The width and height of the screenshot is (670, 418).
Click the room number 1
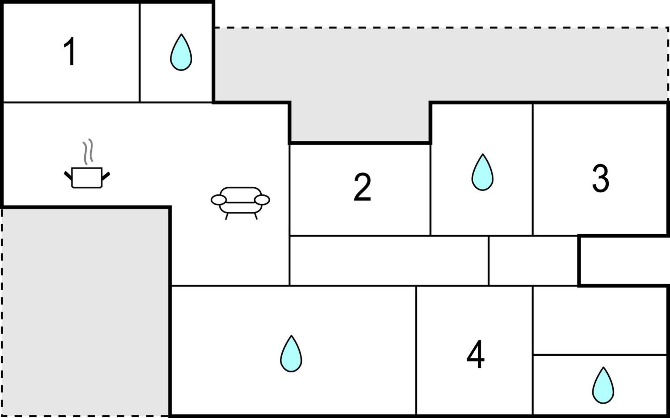point(70,52)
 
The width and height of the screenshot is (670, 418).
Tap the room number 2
point(362,187)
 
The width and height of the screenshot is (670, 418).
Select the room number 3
point(600,178)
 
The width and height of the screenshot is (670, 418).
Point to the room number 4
point(476,354)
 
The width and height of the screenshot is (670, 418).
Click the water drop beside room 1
point(181,52)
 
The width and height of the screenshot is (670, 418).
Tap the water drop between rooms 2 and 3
point(482,172)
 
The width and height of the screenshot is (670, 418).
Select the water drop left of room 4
point(291,354)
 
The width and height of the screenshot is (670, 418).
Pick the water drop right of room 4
point(603,385)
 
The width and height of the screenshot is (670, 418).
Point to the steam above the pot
point(88,152)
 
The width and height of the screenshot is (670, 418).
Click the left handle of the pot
point(68,176)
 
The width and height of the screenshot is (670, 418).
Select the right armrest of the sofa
point(262,200)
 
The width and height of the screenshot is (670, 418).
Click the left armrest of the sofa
point(219,200)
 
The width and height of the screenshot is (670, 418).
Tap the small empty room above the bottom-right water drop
point(600,320)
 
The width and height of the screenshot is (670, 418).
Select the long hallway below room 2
point(389,261)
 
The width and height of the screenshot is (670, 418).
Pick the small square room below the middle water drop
point(534,261)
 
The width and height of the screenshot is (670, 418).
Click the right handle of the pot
point(106,176)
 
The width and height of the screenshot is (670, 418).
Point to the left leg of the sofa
point(227,217)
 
